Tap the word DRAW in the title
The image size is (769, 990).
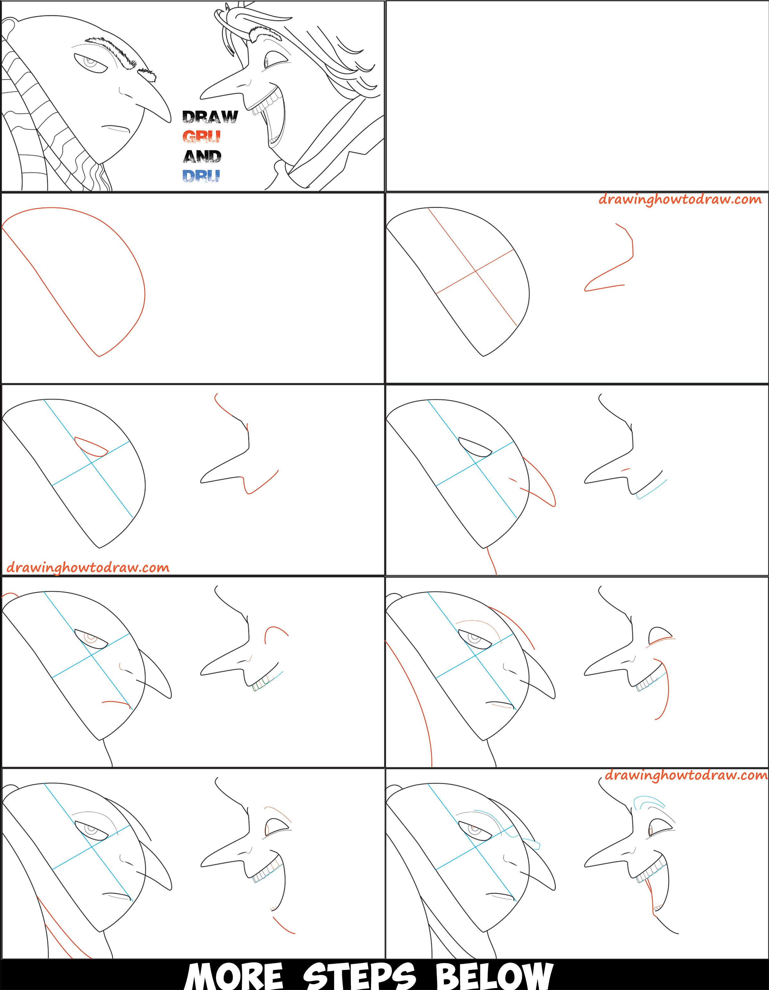(x=210, y=117)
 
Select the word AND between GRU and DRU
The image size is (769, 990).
(x=203, y=157)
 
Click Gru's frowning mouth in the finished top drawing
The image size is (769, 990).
(x=116, y=128)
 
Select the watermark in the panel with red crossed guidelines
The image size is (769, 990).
(x=680, y=199)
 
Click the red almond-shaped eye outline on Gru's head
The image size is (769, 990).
(x=91, y=447)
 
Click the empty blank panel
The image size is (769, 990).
(x=577, y=96)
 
